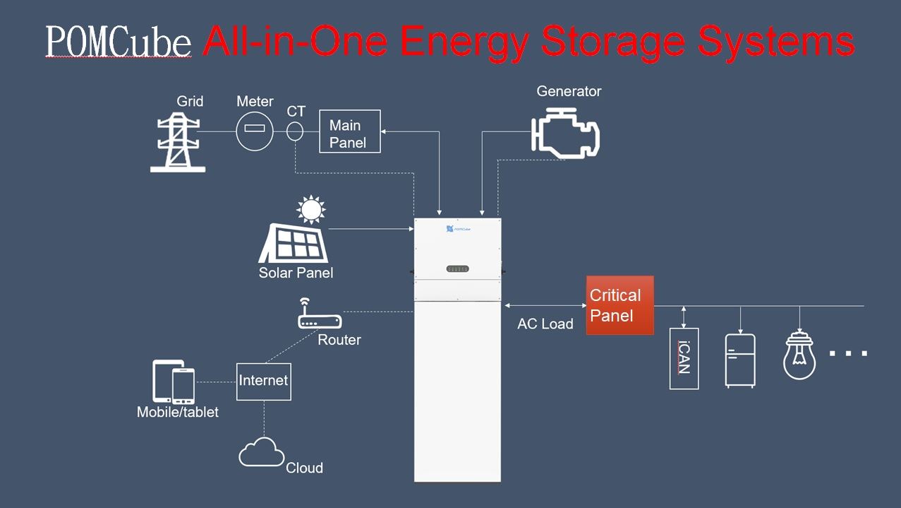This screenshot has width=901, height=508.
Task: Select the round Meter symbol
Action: (x=254, y=131)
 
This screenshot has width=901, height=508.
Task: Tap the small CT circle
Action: (x=296, y=131)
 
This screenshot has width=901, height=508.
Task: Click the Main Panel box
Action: (x=349, y=131)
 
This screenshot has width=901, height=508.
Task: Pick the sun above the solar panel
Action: (x=310, y=210)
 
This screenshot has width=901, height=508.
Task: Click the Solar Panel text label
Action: (x=296, y=273)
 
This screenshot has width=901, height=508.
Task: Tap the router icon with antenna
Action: (x=320, y=315)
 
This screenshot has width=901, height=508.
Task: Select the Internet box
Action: (x=263, y=382)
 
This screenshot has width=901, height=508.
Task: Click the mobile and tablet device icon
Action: (x=174, y=382)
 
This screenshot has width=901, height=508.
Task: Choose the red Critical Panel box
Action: (x=619, y=305)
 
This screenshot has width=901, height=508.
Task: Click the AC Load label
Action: (x=545, y=324)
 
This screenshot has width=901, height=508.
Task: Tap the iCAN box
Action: (x=684, y=358)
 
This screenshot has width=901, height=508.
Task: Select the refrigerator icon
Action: (x=740, y=360)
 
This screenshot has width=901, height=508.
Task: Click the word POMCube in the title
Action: (x=119, y=42)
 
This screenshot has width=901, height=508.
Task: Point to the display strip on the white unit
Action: (x=457, y=268)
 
